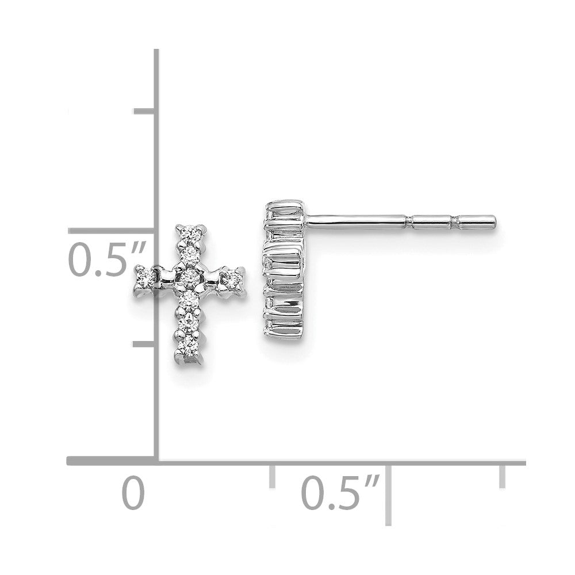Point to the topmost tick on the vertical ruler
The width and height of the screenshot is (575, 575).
coord(145,110)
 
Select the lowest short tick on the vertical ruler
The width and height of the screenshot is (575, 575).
coord(145,344)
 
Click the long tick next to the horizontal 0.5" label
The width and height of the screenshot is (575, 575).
coord(388,494)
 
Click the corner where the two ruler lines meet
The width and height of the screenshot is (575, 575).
coord(156,461)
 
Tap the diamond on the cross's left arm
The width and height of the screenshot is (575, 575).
coord(144,277)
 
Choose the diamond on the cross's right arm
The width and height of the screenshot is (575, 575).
coord(233,278)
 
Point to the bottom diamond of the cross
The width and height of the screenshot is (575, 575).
coord(188,347)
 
